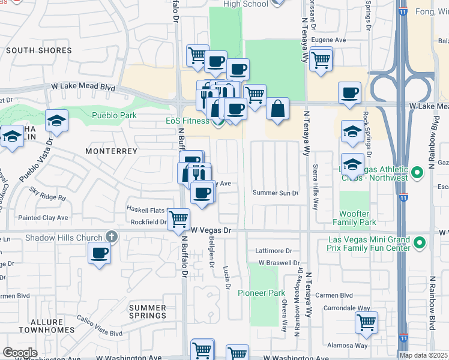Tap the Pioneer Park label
click(x=261, y=293)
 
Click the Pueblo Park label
click(x=114, y=115)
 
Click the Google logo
click(x=20, y=353)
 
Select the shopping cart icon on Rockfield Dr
click(x=178, y=219)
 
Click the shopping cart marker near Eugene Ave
click(x=321, y=58)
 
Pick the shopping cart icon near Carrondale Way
click(x=366, y=323)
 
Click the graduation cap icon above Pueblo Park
click(x=57, y=122)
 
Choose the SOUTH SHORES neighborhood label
click(x=39, y=50)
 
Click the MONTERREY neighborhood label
click(x=112, y=151)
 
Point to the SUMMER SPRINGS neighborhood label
click(x=148, y=311)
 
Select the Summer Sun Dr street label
click(x=276, y=193)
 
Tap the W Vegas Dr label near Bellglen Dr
click(x=210, y=230)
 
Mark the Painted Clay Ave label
click(x=43, y=217)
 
